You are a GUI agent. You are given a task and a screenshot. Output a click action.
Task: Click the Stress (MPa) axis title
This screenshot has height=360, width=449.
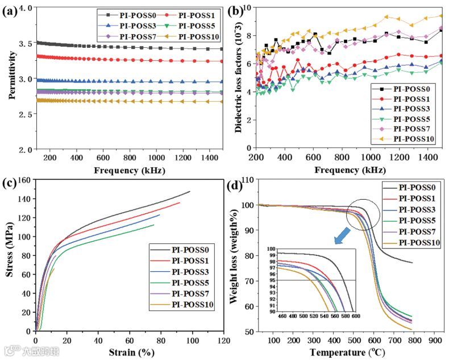(x=10, y=255)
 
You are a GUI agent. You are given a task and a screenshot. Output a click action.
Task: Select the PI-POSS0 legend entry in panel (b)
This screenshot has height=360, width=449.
(x=409, y=88)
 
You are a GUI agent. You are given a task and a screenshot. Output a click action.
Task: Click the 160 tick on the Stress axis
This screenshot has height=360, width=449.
(x=23, y=180)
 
